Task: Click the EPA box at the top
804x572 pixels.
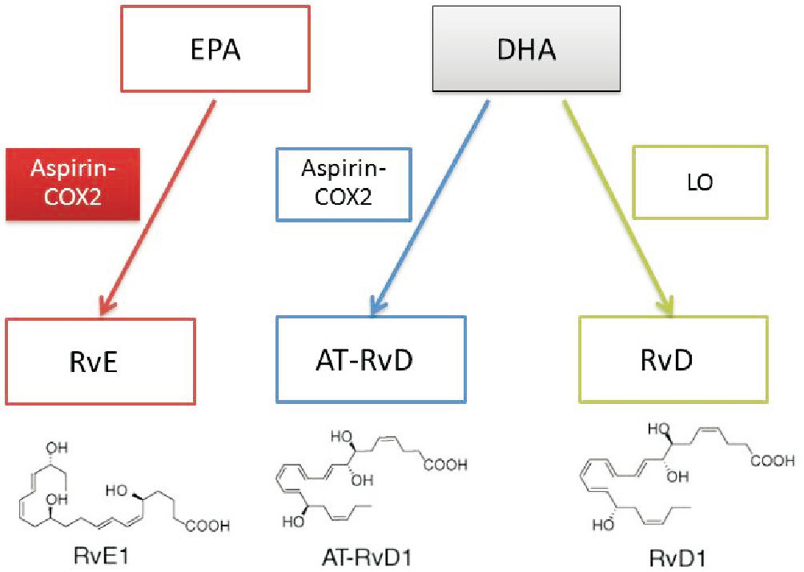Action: pos(215,50)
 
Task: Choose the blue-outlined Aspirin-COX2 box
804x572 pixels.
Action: pos(342,183)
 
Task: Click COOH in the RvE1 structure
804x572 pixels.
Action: pos(207,526)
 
